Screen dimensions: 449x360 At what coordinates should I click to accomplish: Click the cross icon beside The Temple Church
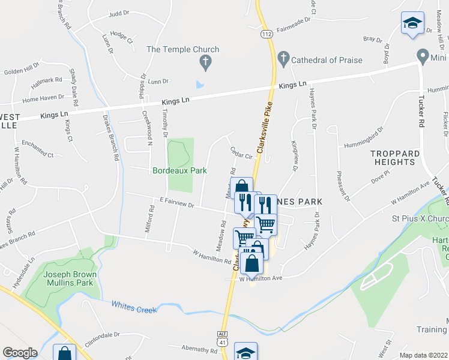[x=205, y=61]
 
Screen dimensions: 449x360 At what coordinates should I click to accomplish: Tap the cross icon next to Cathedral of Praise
[x=283, y=59]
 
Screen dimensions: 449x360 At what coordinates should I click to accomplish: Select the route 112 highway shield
[x=267, y=35]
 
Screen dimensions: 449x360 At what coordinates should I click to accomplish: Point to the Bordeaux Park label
[x=179, y=171]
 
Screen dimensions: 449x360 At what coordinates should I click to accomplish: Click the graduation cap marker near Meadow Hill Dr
[x=412, y=23]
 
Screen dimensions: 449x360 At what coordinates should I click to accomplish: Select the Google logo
[x=20, y=353]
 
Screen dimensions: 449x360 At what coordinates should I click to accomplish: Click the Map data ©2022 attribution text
[x=424, y=355]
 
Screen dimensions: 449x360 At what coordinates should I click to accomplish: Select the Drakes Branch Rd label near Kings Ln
[x=110, y=137]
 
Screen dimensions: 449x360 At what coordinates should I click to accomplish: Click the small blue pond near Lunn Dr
[x=200, y=84]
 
